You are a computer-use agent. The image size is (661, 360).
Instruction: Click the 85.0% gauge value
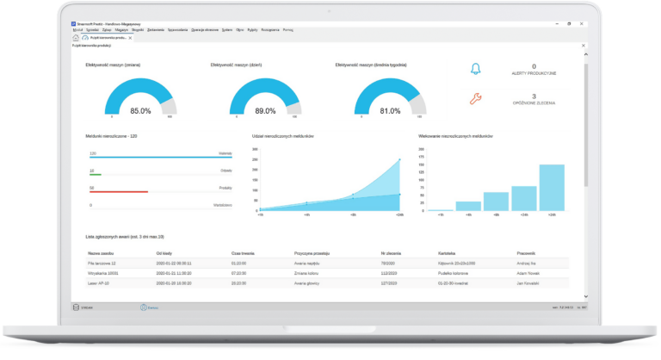(140, 111)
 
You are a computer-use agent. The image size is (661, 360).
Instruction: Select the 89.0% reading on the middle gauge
(265, 111)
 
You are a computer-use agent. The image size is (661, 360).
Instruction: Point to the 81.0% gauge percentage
(390, 111)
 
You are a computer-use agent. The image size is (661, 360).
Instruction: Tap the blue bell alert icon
(475, 70)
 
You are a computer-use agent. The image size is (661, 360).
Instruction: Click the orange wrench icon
(475, 99)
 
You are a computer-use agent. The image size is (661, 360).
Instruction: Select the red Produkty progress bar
(119, 192)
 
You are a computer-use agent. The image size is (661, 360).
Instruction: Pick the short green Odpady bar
(96, 175)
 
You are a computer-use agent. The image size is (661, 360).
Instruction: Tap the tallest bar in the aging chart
(552, 188)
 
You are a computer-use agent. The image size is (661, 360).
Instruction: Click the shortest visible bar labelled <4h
(441, 209)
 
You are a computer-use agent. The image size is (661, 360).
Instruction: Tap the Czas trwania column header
(243, 253)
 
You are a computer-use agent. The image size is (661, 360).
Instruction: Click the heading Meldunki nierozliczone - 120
(114, 136)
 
